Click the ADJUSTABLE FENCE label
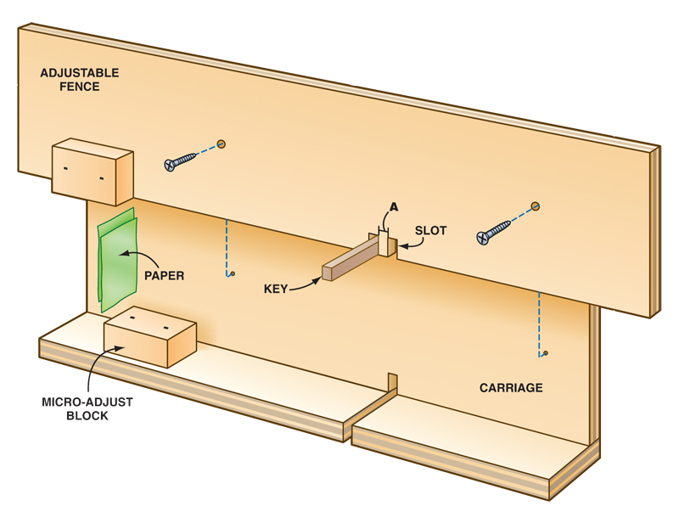click(x=80, y=79)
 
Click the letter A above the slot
click(x=393, y=207)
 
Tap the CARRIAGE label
click(x=511, y=388)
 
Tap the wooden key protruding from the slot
click(x=355, y=258)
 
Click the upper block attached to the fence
click(x=92, y=171)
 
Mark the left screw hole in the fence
click(x=222, y=143)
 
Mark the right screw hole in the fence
click(x=536, y=205)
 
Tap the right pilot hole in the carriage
click(x=546, y=352)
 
